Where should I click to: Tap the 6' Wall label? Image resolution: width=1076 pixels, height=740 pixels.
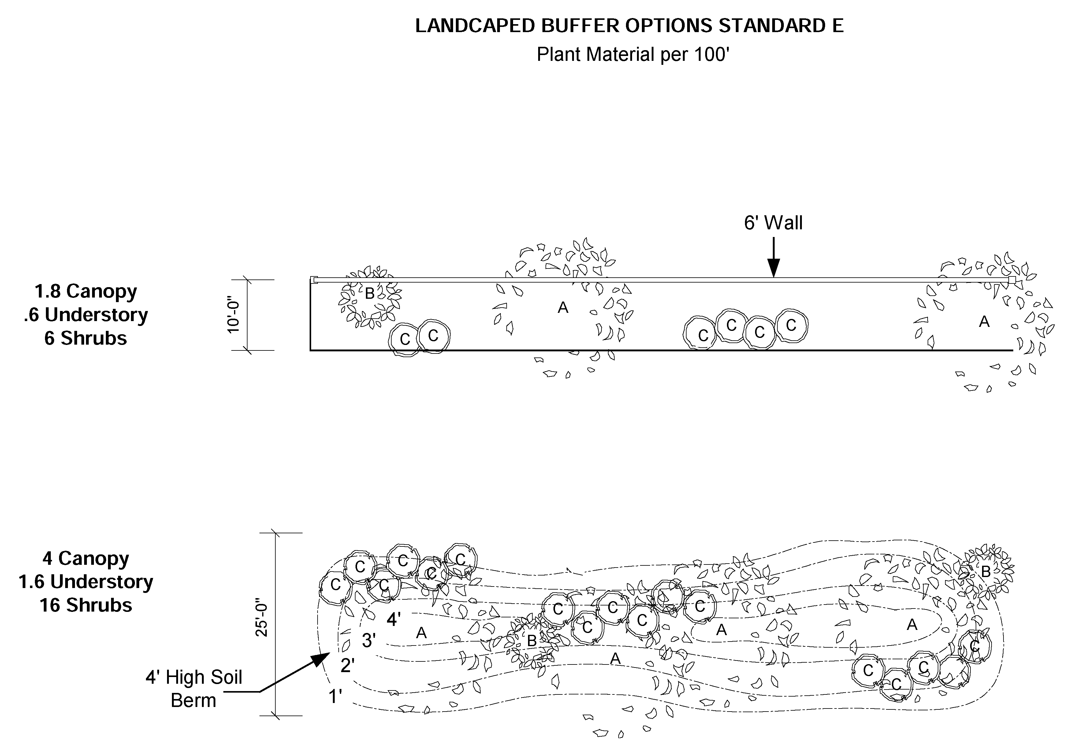773,223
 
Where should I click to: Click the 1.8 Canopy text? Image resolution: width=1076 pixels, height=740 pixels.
86,291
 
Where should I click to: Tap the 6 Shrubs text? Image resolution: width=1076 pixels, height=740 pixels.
86,339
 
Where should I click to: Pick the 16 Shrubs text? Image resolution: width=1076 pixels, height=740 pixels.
86,605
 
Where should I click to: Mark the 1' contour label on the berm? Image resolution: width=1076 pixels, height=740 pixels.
335,696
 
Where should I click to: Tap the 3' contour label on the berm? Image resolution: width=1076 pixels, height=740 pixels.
369,641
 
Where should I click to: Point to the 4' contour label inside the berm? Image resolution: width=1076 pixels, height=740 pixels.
394,620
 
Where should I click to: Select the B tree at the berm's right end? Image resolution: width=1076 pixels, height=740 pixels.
985,572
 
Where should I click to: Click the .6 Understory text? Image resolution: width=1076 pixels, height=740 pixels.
86,315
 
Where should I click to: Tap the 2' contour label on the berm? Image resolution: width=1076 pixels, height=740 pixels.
348,666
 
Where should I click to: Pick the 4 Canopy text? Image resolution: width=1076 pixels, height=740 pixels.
86,558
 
